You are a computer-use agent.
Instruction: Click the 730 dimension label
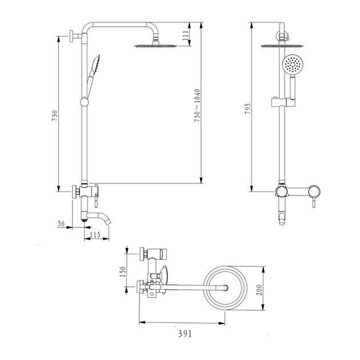[55, 116]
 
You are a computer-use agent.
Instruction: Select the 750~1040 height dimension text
[197, 105]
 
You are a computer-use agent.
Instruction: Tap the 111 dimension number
[186, 35]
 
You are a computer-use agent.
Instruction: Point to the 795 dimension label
[248, 109]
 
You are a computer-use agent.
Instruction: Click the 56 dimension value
[61, 223]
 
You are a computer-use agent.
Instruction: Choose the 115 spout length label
[95, 235]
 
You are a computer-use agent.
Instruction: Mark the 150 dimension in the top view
[123, 271]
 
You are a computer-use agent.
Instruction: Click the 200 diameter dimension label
[259, 290]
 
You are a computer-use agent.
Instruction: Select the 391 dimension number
[185, 334]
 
